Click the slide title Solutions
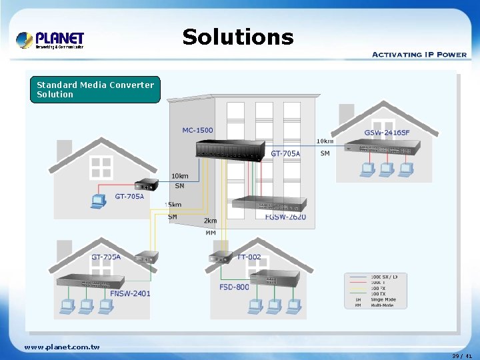(238, 37)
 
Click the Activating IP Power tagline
(419, 54)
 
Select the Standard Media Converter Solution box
(95, 89)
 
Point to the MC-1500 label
(199, 129)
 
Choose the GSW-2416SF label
(387, 133)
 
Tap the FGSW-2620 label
(285, 217)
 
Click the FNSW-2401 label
(130, 293)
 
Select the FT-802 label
(249, 257)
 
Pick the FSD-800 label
(234, 287)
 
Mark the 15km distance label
(173, 205)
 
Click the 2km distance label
(210, 221)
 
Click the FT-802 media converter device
(220, 258)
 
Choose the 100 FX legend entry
(379, 288)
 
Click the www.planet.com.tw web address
(61, 347)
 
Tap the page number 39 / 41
(461, 356)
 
